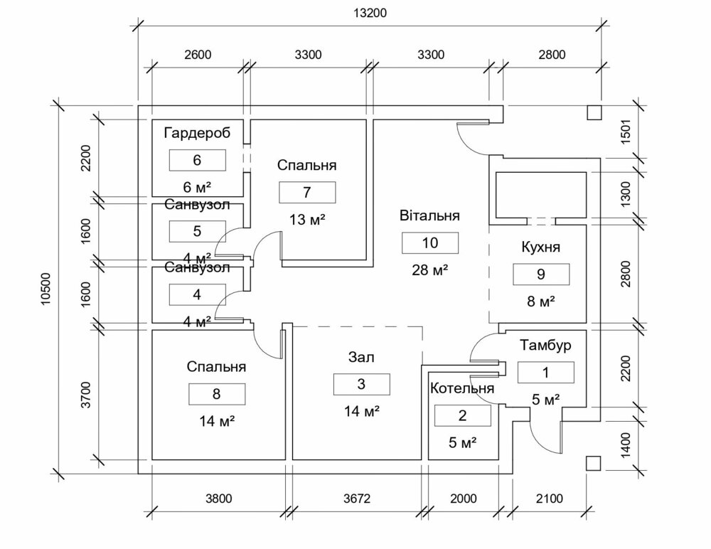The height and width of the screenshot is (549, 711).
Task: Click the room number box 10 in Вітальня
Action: pyautogui.click(x=430, y=242)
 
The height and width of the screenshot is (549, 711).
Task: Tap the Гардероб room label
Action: pyautogui.click(x=197, y=133)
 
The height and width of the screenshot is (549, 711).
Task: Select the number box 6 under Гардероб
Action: pyautogui.click(x=197, y=160)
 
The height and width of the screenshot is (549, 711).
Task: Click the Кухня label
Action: pyautogui.click(x=541, y=247)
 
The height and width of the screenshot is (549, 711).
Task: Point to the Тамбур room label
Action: pyautogui.click(x=545, y=346)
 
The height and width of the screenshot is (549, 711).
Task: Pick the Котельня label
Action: pyautogui.click(x=462, y=389)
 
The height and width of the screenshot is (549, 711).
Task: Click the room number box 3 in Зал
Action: pyautogui.click(x=361, y=384)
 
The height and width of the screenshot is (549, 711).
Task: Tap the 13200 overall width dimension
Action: pyautogui.click(x=373, y=14)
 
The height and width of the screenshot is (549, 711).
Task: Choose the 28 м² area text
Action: pyautogui.click(x=430, y=270)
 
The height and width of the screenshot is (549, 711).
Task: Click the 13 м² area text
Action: pyautogui.click(x=307, y=218)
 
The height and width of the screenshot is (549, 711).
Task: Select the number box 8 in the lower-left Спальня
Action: pyautogui.click(x=217, y=394)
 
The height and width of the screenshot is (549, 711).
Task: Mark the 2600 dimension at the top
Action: pyautogui.click(x=197, y=54)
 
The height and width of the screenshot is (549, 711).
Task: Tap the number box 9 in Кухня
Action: pyautogui.click(x=541, y=274)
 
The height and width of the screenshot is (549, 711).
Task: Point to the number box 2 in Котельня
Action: pyautogui.click(x=462, y=416)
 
